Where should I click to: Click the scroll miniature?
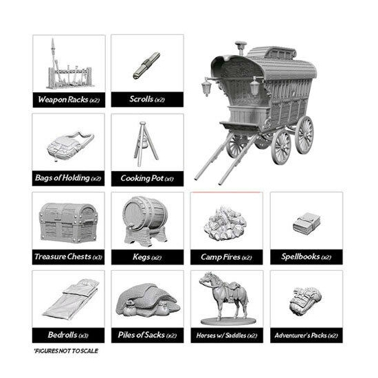[x=146, y=65]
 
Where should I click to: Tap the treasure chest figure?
[x=69, y=223]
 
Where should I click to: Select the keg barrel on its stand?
[x=146, y=221]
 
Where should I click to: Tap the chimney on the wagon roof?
[x=241, y=48]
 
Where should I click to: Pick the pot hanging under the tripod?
[x=146, y=144]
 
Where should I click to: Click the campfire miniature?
[x=225, y=223]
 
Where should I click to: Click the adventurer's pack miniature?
[x=305, y=301]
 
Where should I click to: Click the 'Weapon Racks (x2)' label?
[x=69, y=100]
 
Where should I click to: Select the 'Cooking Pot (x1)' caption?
[x=147, y=179]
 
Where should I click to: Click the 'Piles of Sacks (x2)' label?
[x=147, y=335]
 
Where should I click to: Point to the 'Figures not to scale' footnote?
[x=66, y=351]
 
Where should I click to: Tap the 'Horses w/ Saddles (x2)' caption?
[x=227, y=335]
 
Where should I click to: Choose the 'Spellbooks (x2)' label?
[x=306, y=257]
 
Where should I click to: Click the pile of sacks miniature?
[x=148, y=300]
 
